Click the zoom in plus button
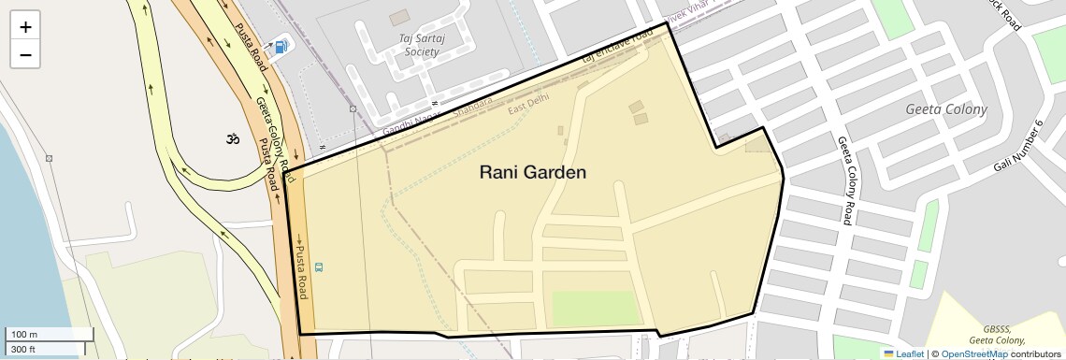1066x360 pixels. click(25, 27)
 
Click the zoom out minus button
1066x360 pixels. click(25, 55)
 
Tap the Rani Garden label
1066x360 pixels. click(532, 172)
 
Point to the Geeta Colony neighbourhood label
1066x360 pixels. click(946, 109)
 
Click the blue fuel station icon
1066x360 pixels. click(281, 46)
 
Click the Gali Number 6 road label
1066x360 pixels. click(1017, 147)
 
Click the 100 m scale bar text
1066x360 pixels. click(24, 335)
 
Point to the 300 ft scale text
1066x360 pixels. click(23, 349)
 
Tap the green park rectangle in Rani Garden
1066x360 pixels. click(593, 308)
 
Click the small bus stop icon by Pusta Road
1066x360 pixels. click(320, 267)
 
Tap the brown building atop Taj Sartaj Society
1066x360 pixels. click(399, 17)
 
